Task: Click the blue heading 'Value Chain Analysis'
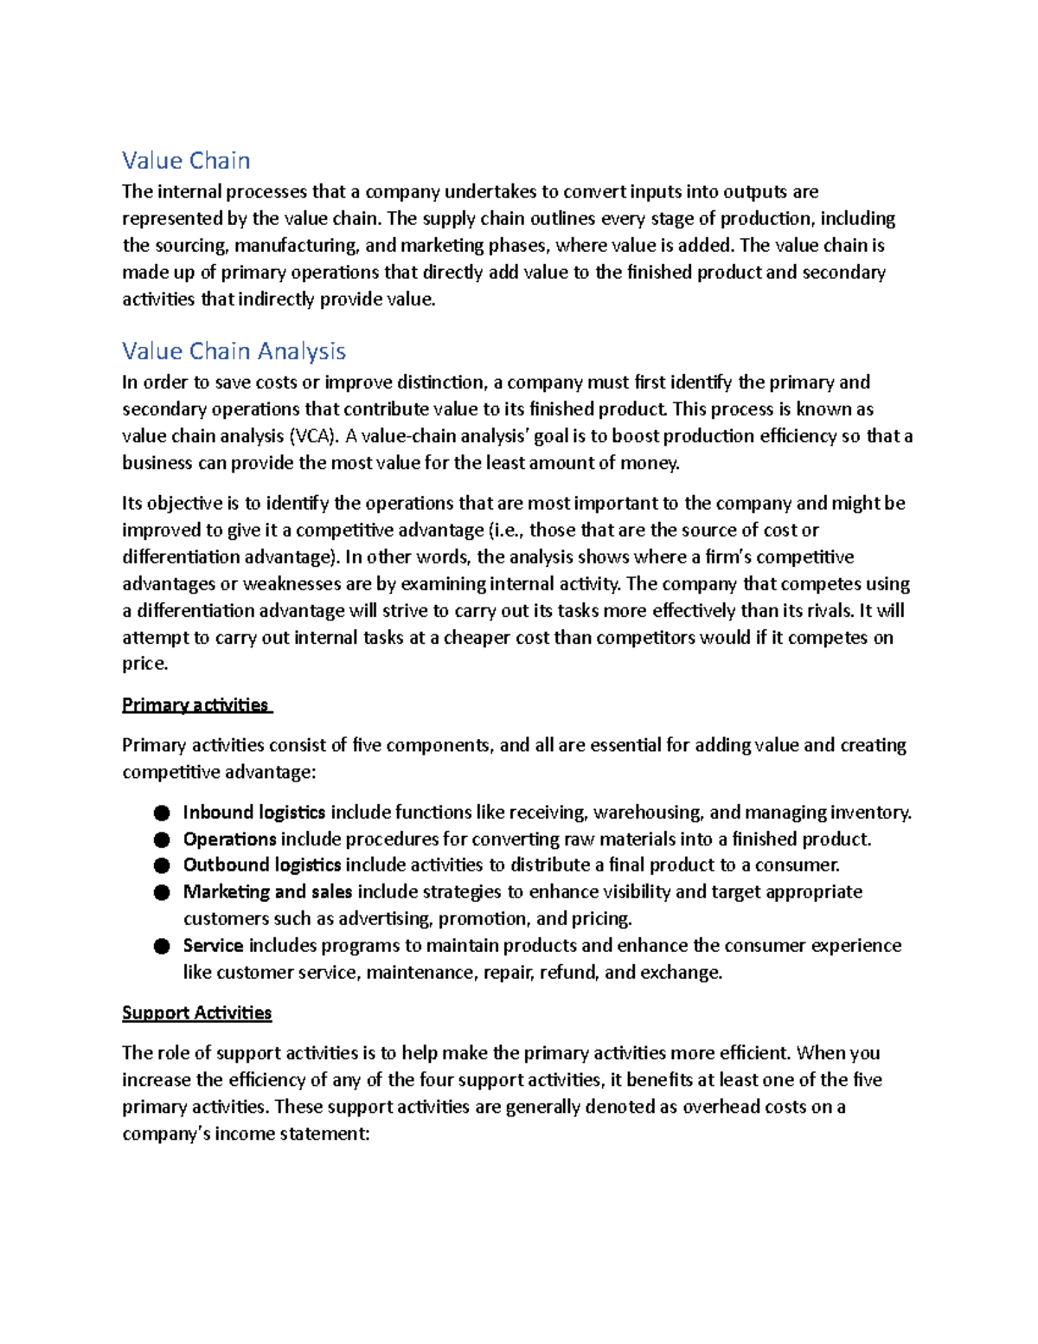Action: click(x=234, y=351)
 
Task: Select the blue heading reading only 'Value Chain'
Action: click(x=186, y=161)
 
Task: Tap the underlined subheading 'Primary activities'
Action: click(x=195, y=705)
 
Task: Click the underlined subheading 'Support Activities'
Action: click(x=196, y=1013)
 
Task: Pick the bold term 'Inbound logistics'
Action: click(x=253, y=812)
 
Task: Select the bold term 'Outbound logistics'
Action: click(x=261, y=865)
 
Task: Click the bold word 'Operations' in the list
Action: click(x=229, y=839)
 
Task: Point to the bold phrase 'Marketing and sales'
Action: click(x=267, y=891)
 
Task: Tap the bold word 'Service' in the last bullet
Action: click(x=213, y=945)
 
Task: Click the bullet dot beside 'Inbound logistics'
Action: click(x=162, y=813)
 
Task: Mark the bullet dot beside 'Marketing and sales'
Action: click(x=162, y=892)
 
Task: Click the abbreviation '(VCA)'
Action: click(x=314, y=436)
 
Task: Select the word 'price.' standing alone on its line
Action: click(x=145, y=664)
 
